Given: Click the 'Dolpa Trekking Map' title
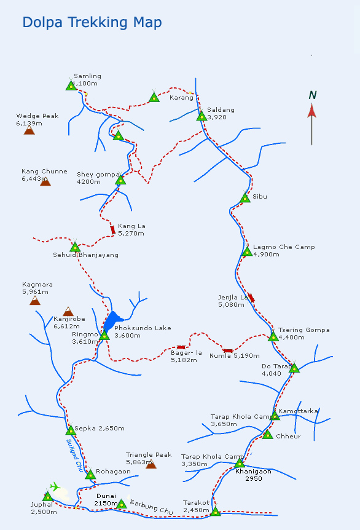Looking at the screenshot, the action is (x=92, y=23).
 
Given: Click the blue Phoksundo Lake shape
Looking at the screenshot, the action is (x=112, y=320).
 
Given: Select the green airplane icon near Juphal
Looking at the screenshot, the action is (x=55, y=487).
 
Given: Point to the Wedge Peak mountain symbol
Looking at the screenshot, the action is (x=29, y=130).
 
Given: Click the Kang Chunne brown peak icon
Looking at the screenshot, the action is (x=45, y=181).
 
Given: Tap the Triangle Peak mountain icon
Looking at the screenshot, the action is (x=151, y=464).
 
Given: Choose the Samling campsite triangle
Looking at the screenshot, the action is (x=71, y=85).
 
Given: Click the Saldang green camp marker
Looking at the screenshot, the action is (x=202, y=116).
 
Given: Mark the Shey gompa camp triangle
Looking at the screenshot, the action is (x=120, y=180).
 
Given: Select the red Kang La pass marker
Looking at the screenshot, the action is (x=113, y=230).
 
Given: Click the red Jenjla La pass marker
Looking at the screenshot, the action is (x=251, y=298).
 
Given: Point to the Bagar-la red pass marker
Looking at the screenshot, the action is (x=181, y=347).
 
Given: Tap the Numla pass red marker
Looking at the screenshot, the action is (x=228, y=351).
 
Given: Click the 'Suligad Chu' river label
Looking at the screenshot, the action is (x=74, y=456).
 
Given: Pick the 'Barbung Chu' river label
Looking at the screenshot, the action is (x=151, y=507).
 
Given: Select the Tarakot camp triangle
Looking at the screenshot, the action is (x=216, y=511).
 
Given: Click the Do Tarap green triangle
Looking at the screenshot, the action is (x=294, y=368).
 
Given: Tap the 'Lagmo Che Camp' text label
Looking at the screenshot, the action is (x=284, y=247).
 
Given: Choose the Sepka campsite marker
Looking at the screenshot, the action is (x=71, y=430).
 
